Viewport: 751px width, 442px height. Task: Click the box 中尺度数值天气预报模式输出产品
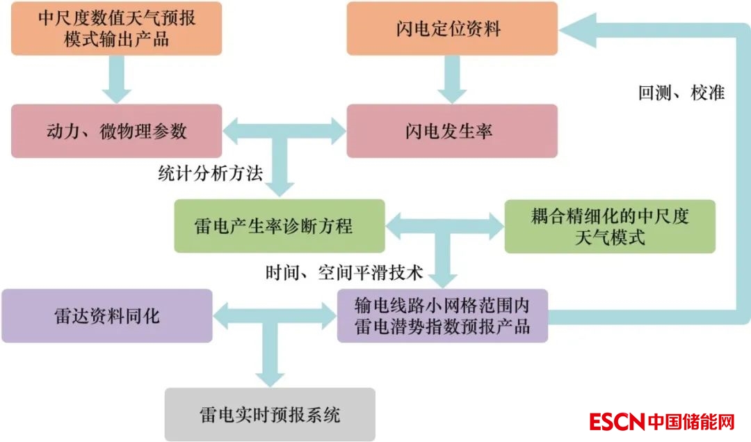[x=117, y=29]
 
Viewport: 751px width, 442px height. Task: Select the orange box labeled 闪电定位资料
[x=452, y=29]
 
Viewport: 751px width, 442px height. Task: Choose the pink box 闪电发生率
[x=452, y=131]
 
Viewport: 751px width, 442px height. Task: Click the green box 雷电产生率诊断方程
[x=279, y=226]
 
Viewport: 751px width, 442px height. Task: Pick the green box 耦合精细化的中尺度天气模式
[x=609, y=226]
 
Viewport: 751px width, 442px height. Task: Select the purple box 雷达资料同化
[x=106, y=316]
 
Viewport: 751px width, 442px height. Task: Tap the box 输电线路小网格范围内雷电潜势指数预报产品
[x=442, y=316]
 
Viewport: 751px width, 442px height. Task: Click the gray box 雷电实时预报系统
[x=270, y=415]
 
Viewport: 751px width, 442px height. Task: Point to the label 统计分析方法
[x=210, y=173]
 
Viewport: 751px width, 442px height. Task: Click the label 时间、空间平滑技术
[x=344, y=272]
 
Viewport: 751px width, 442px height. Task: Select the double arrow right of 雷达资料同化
[x=275, y=315]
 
